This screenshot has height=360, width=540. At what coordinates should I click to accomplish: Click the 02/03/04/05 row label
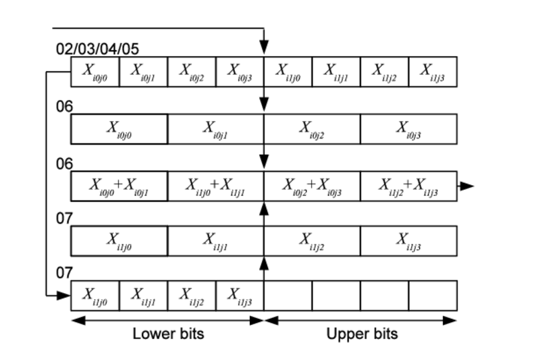pos(97,49)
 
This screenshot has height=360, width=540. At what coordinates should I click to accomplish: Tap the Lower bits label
pos(168,334)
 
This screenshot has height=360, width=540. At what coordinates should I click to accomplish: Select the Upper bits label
pos(362,334)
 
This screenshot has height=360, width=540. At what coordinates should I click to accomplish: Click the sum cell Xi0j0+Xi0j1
pos(119,186)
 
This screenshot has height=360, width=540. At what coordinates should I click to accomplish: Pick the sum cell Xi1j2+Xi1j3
pos(409,186)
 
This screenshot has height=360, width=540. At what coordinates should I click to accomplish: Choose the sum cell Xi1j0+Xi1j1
pos(216,186)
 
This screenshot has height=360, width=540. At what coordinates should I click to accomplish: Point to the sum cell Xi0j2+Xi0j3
pos(313,186)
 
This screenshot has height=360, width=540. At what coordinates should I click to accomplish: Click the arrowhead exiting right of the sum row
pos(467,186)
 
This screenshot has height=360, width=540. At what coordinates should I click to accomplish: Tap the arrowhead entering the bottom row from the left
pos(63,296)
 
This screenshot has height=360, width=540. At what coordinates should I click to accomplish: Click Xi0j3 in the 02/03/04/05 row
pos(240,72)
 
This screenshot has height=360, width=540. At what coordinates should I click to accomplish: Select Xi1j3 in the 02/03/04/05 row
pos(433,72)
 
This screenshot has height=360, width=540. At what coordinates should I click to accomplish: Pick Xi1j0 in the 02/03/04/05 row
pos(288,72)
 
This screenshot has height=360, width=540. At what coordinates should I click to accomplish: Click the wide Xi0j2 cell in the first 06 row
pos(313,129)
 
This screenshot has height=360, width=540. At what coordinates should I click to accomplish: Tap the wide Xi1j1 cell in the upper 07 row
pos(216,241)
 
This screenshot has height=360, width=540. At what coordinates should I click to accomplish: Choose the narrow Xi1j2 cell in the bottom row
pos(192,296)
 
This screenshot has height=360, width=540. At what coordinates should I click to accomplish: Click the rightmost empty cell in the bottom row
pos(433,296)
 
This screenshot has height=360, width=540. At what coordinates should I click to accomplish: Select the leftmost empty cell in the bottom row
pos(288,296)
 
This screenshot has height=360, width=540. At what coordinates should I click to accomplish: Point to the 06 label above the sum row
pos(64,163)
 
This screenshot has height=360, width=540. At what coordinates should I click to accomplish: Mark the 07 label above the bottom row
pos(64,273)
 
